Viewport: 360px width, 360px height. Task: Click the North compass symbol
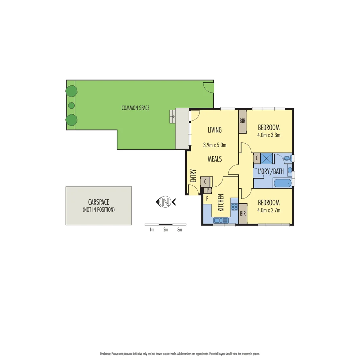165,201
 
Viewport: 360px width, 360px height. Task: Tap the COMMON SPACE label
135,108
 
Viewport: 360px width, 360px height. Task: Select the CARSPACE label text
98,202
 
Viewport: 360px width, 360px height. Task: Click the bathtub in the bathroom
282,183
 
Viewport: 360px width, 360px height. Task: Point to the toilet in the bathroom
288,159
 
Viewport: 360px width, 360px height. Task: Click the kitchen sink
221,220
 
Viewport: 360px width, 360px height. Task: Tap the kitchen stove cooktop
234,207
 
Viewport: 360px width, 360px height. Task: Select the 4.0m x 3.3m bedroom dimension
269,135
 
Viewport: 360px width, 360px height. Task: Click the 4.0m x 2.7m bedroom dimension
269,210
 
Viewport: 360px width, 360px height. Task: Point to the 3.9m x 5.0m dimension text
215,145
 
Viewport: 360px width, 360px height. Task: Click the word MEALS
215,159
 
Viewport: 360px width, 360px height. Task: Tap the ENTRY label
193,176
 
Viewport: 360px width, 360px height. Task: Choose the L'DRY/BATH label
271,172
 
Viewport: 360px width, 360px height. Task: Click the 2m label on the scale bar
166,230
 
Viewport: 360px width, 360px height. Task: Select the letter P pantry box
208,190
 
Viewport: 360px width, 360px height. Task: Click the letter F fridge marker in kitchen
207,199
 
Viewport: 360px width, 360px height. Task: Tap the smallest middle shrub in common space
71,105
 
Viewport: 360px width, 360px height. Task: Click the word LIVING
215,130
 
